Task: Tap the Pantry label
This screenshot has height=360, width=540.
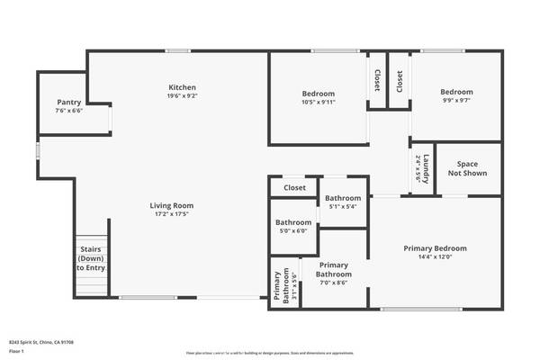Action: (69, 103)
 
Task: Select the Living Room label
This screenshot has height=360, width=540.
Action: (171, 206)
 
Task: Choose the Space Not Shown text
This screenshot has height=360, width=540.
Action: (467, 168)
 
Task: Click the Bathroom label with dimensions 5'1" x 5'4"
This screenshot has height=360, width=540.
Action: (343, 198)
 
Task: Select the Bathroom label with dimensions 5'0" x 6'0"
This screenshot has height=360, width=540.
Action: (293, 222)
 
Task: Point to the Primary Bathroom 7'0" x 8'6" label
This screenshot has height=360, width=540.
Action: (333, 270)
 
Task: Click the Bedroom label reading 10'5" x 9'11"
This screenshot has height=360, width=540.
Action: (318, 94)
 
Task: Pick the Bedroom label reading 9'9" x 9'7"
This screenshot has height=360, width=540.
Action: (456, 92)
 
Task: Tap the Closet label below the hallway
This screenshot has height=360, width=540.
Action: (294, 188)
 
